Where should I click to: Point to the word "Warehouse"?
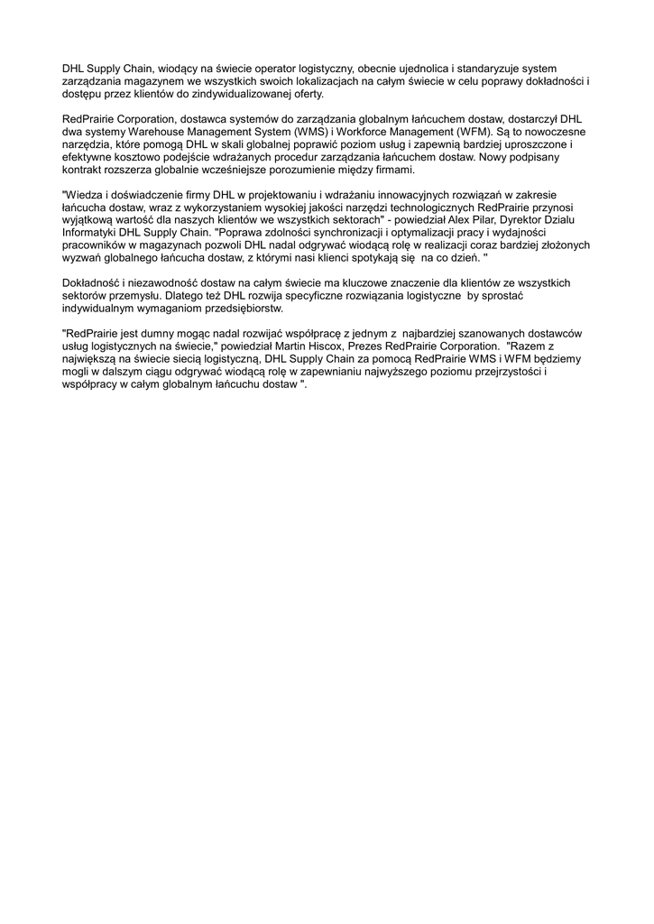coord(158,132)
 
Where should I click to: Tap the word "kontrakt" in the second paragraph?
coord(81,171)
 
